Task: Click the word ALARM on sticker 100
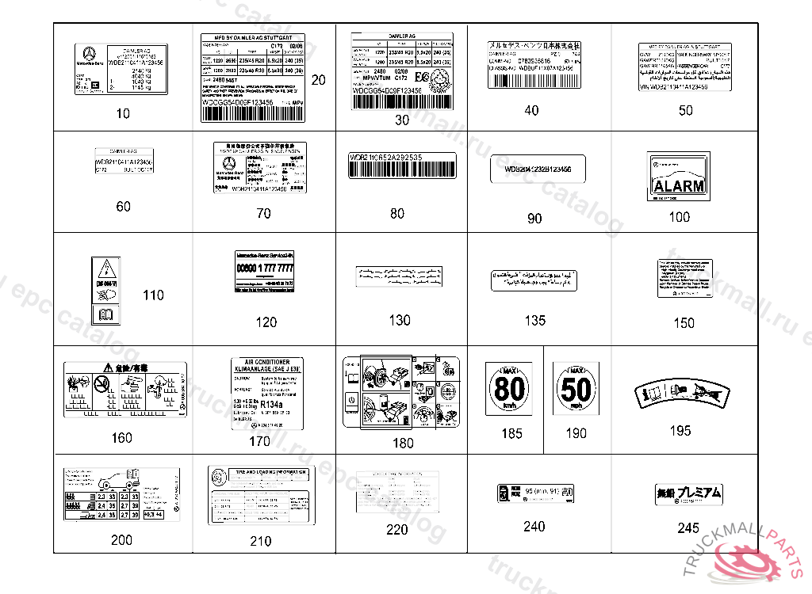click(x=679, y=186)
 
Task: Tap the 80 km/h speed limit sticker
click(x=511, y=390)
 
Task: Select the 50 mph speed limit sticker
click(x=576, y=391)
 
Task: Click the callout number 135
click(x=535, y=321)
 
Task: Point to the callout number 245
click(x=688, y=527)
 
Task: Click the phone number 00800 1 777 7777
click(x=266, y=269)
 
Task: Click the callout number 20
click(x=318, y=80)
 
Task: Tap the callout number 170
click(x=259, y=441)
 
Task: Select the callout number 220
click(x=396, y=530)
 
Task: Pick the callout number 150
click(x=684, y=323)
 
